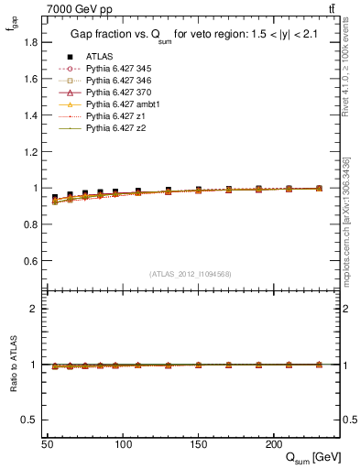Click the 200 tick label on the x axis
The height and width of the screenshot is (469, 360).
click(273, 444)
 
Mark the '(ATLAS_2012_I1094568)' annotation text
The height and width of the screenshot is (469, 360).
click(190, 274)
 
